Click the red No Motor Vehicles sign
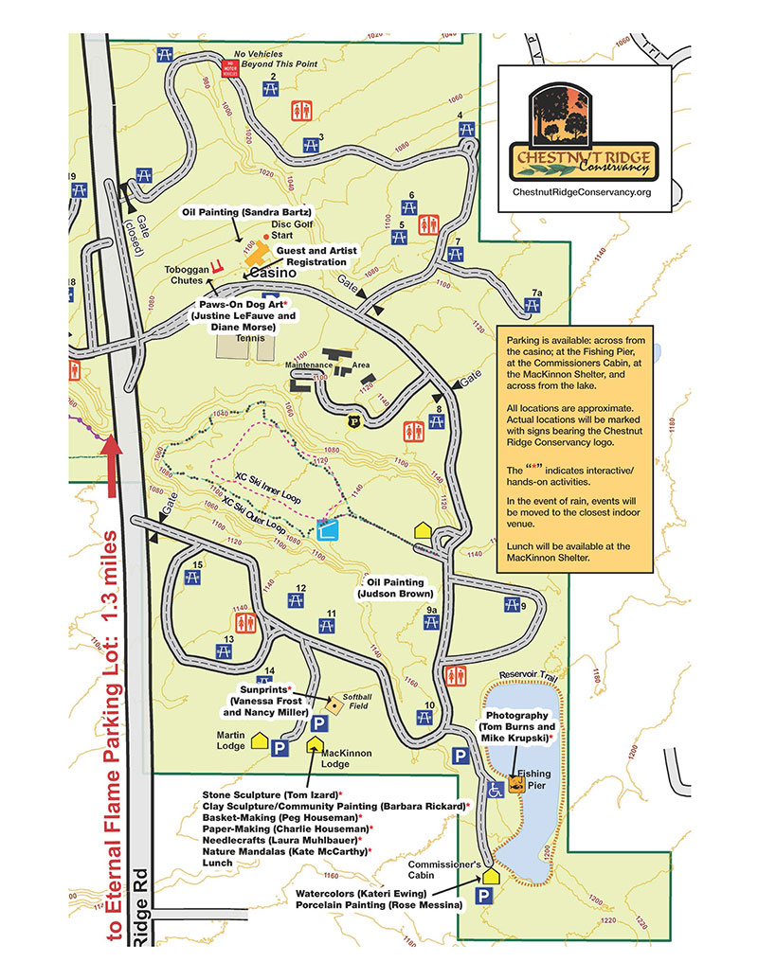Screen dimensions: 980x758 [227, 66]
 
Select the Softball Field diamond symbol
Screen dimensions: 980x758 [334, 704]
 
